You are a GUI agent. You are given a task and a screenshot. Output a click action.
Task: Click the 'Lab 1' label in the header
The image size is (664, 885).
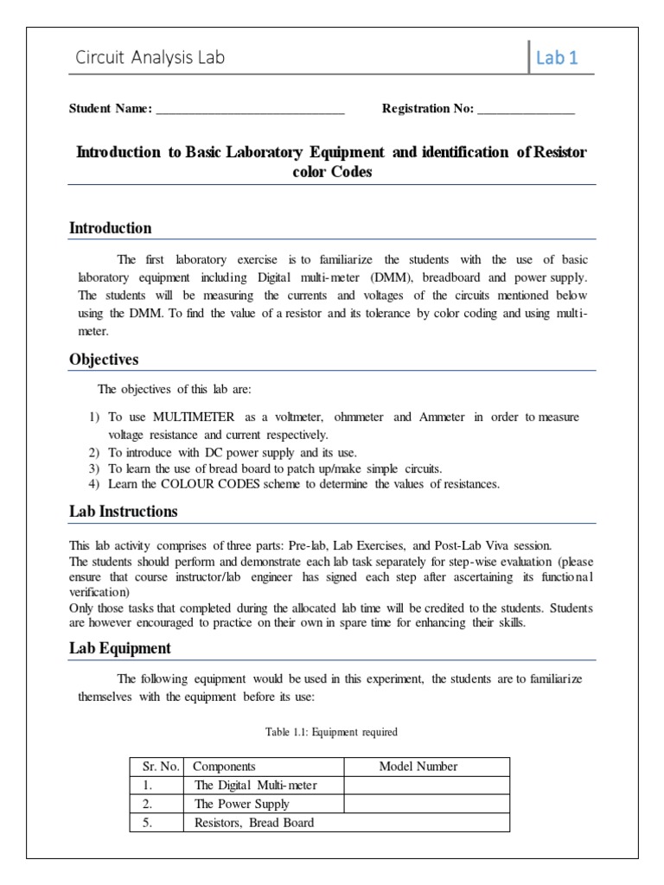click(557, 58)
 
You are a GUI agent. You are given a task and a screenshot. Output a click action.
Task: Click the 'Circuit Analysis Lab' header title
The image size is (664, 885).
click(150, 58)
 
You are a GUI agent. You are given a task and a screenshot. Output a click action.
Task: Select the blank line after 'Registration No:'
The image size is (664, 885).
click(526, 110)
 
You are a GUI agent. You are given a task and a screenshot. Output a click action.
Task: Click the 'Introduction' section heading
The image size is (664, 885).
click(110, 228)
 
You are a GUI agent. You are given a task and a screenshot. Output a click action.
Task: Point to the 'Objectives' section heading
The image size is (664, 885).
click(104, 360)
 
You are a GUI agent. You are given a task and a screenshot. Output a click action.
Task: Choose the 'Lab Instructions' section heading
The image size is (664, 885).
click(123, 512)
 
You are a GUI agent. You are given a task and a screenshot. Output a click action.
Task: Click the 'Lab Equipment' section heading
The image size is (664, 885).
click(119, 648)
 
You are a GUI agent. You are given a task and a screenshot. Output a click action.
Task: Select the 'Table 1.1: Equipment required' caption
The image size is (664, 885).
click(331, 732)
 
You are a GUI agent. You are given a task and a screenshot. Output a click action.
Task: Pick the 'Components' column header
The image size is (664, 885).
click(224, 767)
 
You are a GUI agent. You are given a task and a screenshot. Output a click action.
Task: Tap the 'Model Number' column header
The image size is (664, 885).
click(418, 767)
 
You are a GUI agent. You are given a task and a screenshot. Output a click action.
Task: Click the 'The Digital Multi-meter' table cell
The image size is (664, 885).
click(256, 786)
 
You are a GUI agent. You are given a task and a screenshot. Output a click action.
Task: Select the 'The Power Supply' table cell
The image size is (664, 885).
click(242, 804)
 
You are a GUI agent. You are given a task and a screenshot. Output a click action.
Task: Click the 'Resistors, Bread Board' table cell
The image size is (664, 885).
click(254, 823)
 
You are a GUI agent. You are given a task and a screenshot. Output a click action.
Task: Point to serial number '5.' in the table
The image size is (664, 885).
click(148, 823)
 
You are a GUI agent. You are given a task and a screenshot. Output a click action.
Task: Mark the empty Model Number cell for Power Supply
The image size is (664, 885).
click(427, 804)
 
